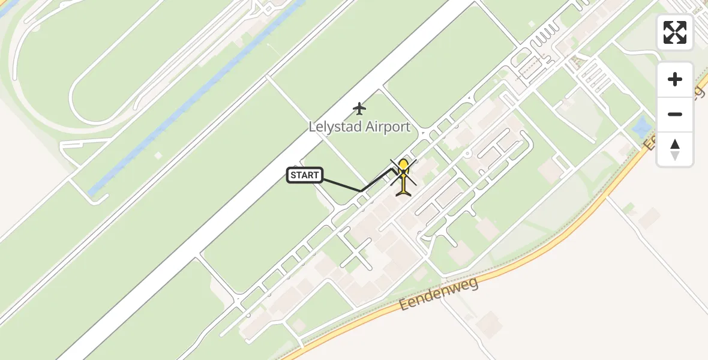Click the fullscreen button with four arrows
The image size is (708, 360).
click(x=675, y=32)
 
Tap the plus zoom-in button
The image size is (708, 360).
click(x=675, y=79)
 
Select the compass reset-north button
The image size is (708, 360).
click(x=675, y=149)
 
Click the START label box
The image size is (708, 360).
click(x=305, y=175)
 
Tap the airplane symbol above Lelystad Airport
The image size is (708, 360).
click(x=359, y=109)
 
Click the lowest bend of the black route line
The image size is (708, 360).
click(x=361, y=191)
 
